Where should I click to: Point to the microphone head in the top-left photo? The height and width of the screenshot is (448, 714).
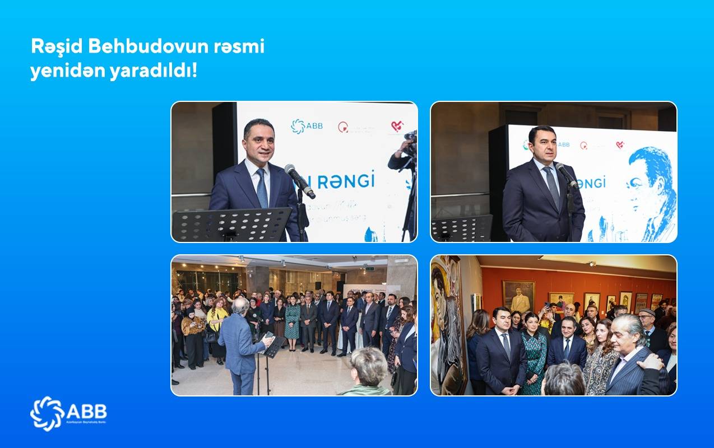[291, 172]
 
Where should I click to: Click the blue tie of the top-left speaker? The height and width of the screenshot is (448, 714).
[262, 188]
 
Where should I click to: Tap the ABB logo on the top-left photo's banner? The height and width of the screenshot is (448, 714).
[307, 127]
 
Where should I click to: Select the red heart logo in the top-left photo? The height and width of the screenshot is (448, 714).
[397, 127]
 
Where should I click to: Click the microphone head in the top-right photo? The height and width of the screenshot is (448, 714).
[560, 169]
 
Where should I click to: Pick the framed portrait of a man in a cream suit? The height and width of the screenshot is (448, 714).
[518, 296]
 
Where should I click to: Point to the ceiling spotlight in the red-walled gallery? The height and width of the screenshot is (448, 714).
[592, 263]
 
